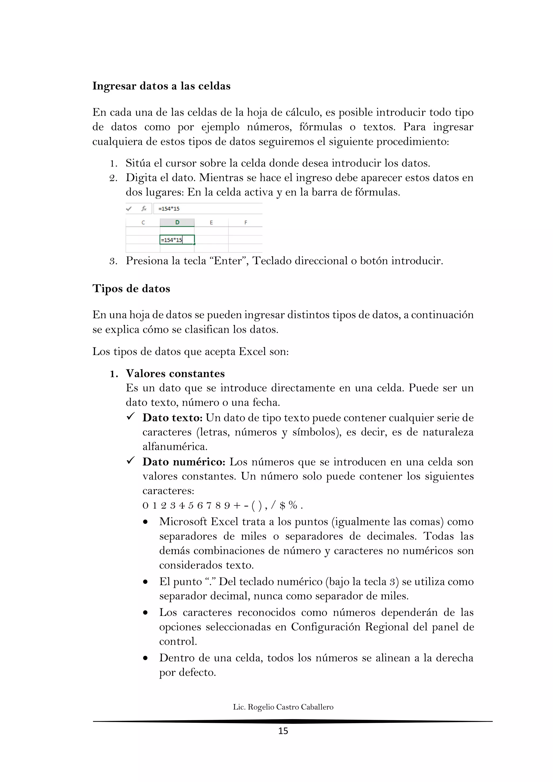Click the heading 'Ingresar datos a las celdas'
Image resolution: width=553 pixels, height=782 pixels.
click(161, 86)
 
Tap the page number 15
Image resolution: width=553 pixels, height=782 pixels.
click(283, 731)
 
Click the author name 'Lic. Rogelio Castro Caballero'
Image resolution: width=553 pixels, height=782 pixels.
click(283, 707)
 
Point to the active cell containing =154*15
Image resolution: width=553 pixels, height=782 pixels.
click(177, 240)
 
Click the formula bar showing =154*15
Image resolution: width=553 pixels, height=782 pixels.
click(207, 209)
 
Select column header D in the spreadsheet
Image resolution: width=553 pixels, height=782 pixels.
click(177, 223)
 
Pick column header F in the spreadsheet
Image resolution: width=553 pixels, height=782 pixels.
click(245, 223)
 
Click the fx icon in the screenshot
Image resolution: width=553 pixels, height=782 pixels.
click(144, 208)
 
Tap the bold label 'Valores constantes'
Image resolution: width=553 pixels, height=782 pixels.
click(175, 374)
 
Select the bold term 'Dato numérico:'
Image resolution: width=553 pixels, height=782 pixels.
click(184, 462)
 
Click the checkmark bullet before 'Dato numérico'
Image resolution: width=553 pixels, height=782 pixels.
click(131, 461)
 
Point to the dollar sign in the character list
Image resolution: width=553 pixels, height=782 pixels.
click(282, 505)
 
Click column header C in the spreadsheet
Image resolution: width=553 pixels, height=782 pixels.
click(143, 223)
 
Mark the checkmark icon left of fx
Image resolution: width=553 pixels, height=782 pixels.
click(129, 208)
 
